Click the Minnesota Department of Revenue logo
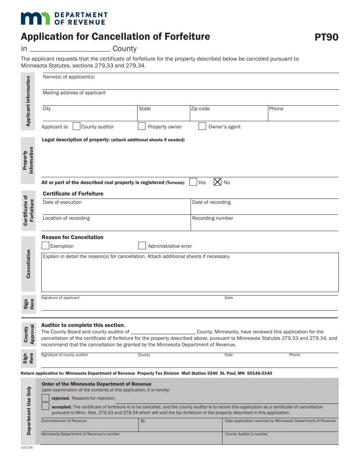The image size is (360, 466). (x=64, y=18)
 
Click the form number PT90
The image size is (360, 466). (x=326, y=37)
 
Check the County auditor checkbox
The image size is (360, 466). (x=76, y=127)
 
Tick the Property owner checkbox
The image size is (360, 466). (x=142, y=127)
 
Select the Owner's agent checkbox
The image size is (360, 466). (x=202, y=127)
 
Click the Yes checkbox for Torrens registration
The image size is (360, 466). (x=193, y=182)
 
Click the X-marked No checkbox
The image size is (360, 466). (x=218, y=182)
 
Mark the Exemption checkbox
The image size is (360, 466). (x=45, y=246)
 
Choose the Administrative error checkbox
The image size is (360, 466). (x=142, y=246)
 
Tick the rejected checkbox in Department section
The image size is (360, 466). (x=45, y=398)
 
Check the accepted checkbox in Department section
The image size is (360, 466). (x=45, y=407)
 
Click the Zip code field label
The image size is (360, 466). (x=200, y=109)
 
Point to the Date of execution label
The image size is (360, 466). (x=62, y=202)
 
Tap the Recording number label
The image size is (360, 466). (x=213, y=218)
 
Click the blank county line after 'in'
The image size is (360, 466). (x=70, y=49)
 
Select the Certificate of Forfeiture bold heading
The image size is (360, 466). (x=73, y=194)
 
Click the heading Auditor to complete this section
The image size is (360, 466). (x=83, y=325)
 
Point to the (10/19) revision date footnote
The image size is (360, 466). (x=27, y=447)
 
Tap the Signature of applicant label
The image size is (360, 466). (x=60, y=298)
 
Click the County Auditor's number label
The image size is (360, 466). (x=246, y=434)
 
